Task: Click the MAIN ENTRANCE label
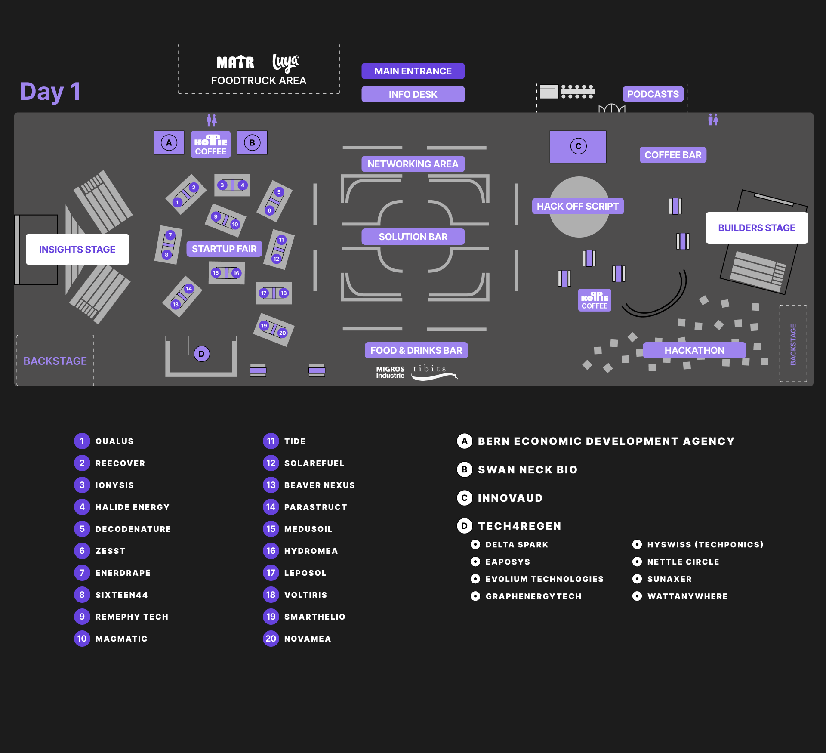click(413, 71)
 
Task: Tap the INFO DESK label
click(413, 94)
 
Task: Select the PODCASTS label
click(653, 94)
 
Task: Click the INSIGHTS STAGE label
click(77, 250)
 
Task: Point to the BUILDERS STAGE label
click(756, 228)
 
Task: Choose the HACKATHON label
click(694, 350)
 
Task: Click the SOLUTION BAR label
click(413, 237)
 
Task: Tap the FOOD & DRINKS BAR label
click(416, 350)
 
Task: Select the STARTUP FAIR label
click(224, 249)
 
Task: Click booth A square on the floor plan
click(169, 143)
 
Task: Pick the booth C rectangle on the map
click(578, 147)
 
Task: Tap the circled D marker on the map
click(201, 354)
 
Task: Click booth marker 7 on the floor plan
click(170, 235)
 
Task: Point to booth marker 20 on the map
click(282, 333)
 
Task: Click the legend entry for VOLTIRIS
click(305, 595)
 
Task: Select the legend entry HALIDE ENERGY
click(132, 507)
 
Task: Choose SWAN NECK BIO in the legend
click(527, 469)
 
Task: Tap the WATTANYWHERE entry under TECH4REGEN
click(687, 596)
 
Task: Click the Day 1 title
click(50, 92)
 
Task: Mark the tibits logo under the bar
click(432, 372)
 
